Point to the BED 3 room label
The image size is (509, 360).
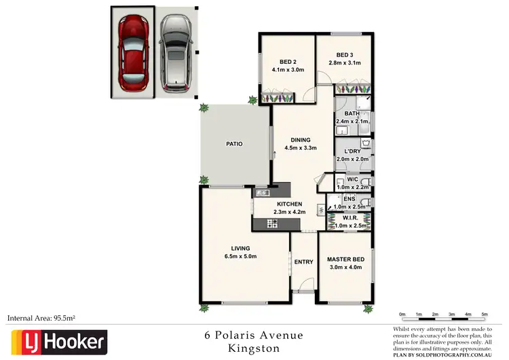344,55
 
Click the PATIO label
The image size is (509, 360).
235,144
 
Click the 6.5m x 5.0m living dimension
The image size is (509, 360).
240,257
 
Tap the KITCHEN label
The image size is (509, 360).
290,204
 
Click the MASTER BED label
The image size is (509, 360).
345,259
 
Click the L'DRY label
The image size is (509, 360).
352,151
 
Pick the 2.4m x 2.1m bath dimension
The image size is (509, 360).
352,122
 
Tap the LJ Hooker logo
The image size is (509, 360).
58,340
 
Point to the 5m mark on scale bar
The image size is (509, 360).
485,314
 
